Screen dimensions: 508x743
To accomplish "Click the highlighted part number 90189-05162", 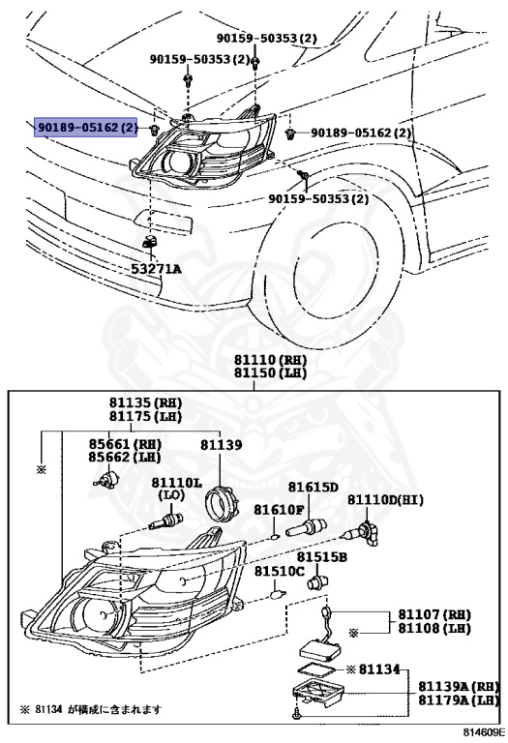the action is [86, 127].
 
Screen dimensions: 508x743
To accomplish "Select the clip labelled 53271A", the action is [150, 241].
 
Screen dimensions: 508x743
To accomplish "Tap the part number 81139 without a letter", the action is [221, 444].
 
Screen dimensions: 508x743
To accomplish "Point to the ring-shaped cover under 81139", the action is [221, 505].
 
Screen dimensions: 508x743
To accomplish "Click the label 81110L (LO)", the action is [177, 489].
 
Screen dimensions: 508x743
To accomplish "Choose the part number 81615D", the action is [314, 487].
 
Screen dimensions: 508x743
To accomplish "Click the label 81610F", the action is [278, 510].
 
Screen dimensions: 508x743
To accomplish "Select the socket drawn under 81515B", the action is [318, 581].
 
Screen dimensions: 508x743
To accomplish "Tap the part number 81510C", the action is [279, 571].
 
